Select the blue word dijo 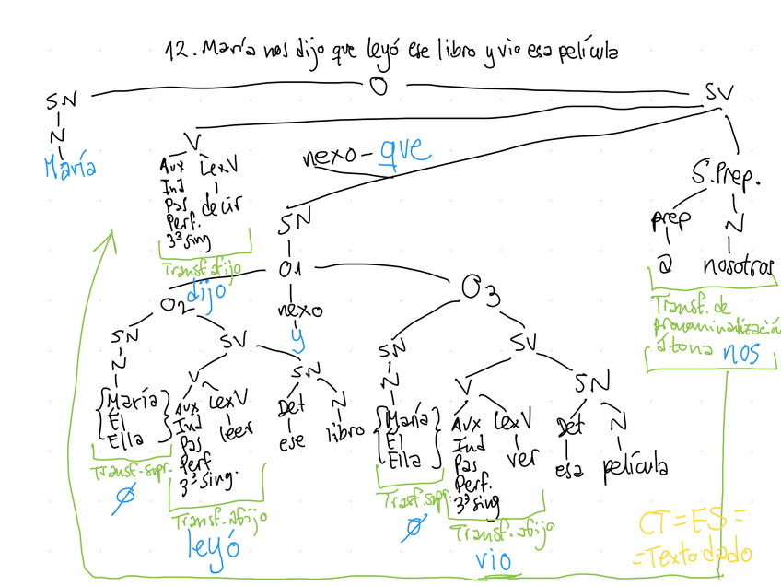pyautogui.click(x=206, y=292)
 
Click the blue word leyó pyautogui.click(x=213, y=546)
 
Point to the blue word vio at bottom pyautogui.click(x=495, y=559)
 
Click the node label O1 pyautogui.click(x=292, y=269)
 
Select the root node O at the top pyautogui.click(x=378, y=88)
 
